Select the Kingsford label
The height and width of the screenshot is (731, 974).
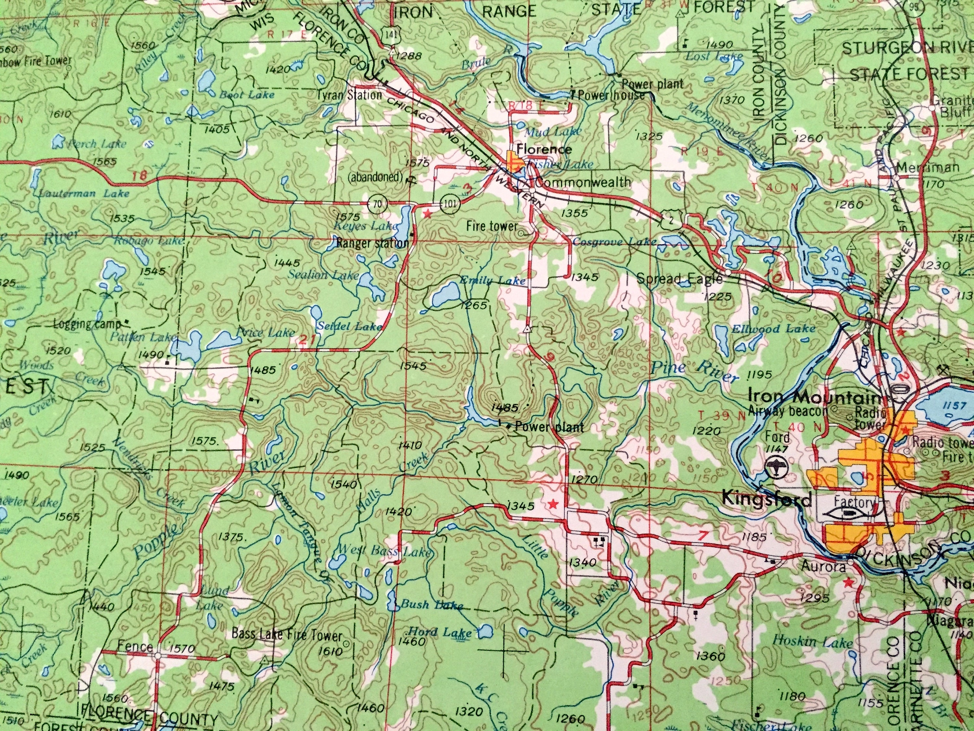point(766,500)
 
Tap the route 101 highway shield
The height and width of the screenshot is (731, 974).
point(449,204)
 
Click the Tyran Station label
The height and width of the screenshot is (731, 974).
point(350,95)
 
